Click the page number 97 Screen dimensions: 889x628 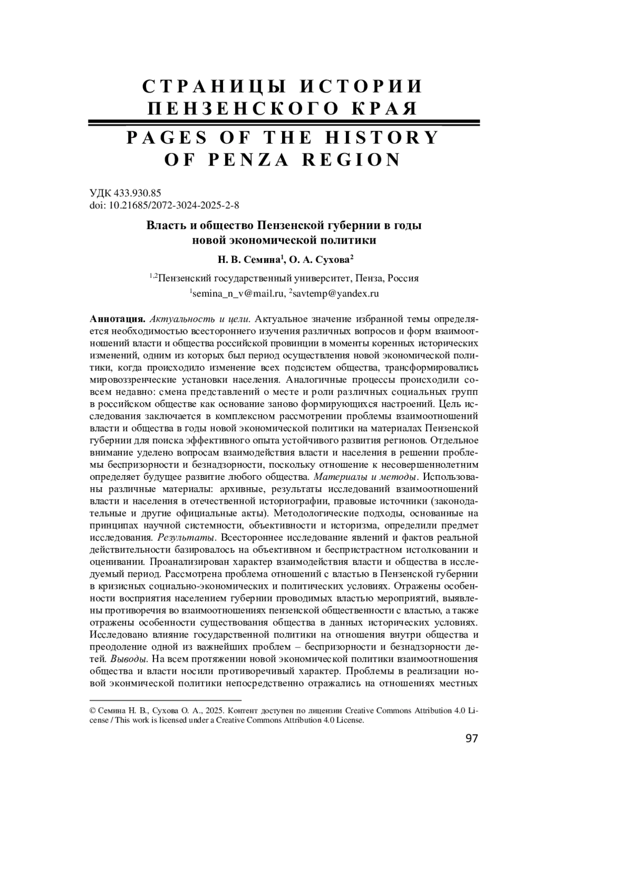pos(472,739)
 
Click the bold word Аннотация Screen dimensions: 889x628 pos(117,319)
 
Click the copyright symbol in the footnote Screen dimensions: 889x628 pos(93,711)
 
